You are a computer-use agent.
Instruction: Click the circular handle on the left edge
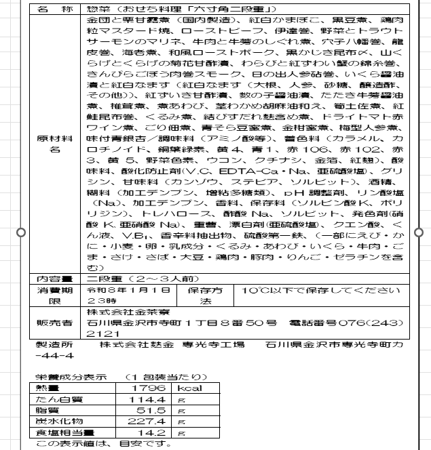[21, 232]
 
